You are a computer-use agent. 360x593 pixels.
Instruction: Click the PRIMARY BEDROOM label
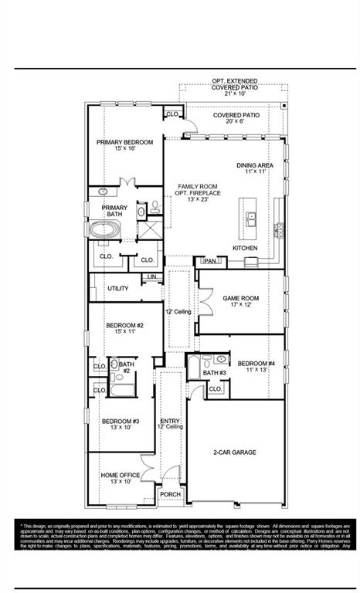click(x=124, y=143)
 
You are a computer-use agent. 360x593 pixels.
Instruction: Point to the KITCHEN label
click(x=246, y=248)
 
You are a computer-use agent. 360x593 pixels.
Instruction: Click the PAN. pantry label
click(x=209, y=262)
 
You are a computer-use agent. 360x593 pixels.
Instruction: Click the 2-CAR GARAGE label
click(x=234, y=452)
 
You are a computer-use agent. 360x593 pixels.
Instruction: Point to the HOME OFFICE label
click(x=121, y=475)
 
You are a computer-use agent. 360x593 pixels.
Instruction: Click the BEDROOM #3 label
click(x=120, y=422)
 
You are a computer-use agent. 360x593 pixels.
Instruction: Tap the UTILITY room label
click(x=117, y=288)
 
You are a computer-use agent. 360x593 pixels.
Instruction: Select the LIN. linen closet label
click(x=152, y=276)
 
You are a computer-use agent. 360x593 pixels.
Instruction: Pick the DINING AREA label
click(x=254, y=165)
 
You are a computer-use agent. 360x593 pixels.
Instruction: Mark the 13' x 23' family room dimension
click(x=196, y=200)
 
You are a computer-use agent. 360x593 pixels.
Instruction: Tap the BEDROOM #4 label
click(x=256, y=364)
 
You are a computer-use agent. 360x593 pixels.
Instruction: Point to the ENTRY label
click(x=170, y=420)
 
